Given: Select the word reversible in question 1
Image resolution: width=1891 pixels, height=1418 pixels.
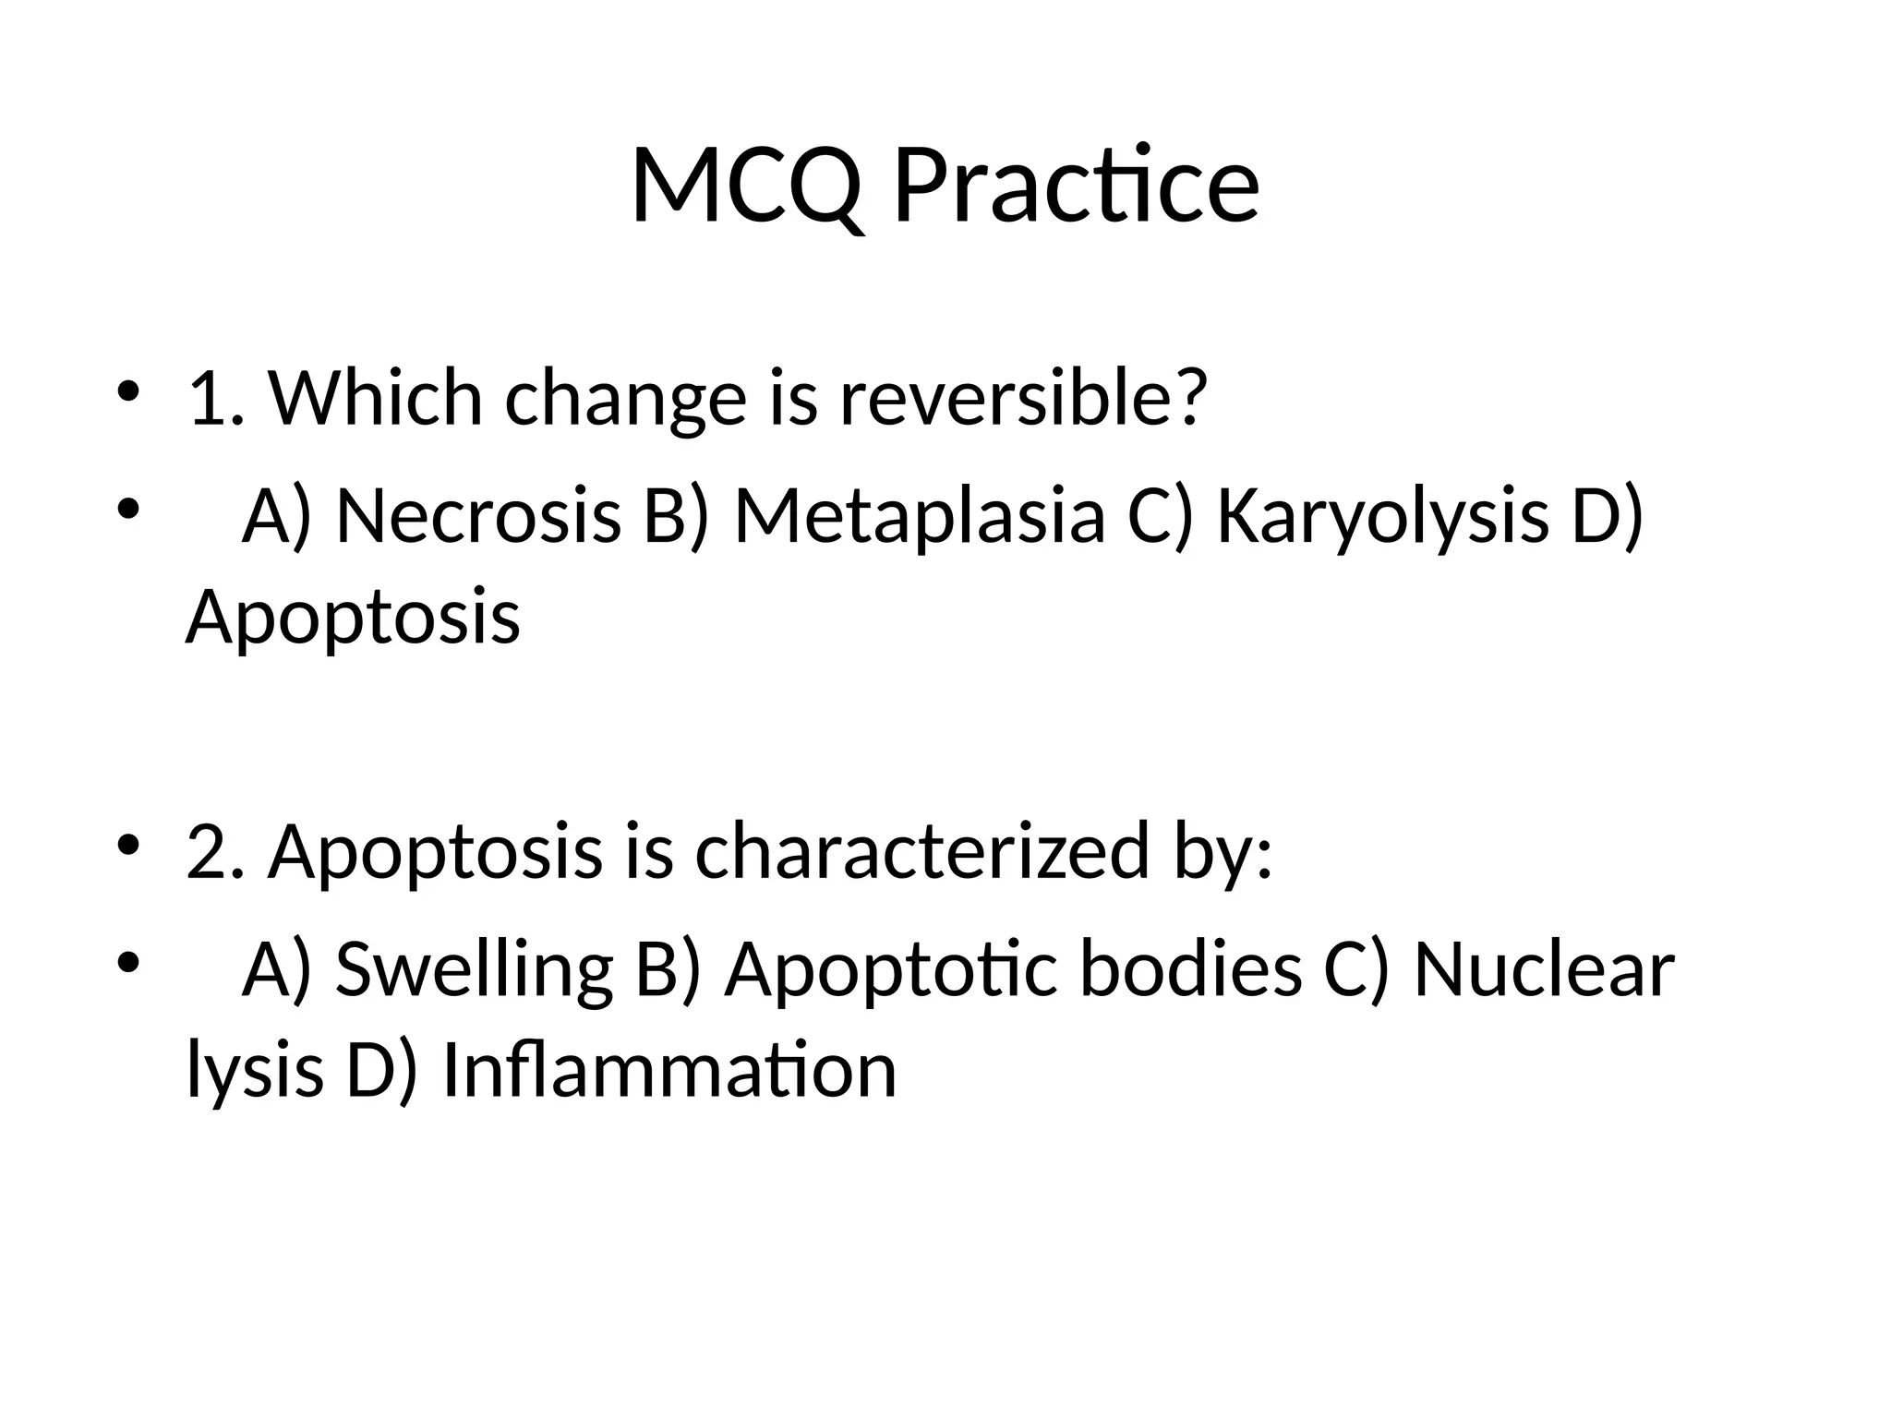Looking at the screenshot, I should coord(1023,399).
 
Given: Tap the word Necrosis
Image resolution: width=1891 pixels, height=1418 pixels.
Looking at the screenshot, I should coord(478,515).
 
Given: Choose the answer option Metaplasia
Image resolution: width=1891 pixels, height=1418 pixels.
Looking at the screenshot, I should coord(920,515).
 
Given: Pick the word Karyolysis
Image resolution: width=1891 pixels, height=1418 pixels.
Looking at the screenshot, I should coord(1382,515).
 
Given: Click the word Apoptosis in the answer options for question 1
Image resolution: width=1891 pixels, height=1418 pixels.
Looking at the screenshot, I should coord(353,617).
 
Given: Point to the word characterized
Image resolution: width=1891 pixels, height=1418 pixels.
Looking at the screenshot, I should coord(922,851).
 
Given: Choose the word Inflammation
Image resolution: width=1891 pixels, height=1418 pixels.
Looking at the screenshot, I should coord(669,1071).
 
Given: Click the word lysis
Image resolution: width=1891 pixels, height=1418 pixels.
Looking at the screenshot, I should coord(255,1071).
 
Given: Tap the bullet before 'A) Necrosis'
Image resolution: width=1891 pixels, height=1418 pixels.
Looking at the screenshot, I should coord(127,508).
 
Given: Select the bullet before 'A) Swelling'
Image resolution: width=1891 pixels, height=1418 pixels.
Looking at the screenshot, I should coord(127,962).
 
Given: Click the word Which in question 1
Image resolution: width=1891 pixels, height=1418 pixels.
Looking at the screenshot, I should coord(376,399).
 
